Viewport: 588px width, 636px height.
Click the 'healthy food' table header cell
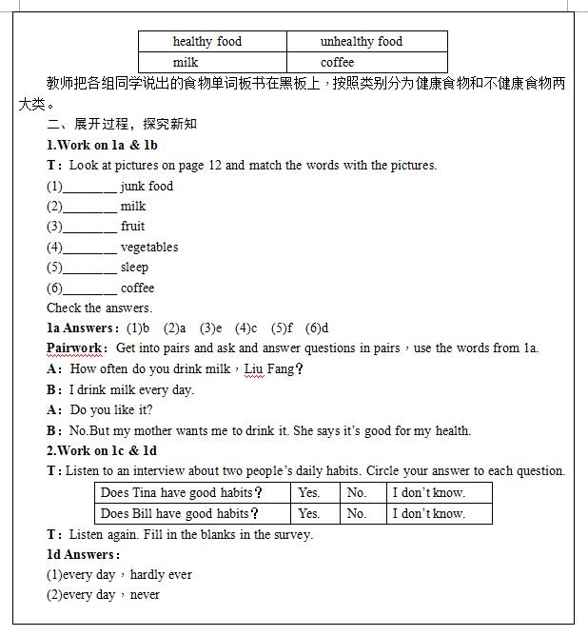[207, 42]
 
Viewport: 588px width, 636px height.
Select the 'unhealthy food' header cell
[362, 42]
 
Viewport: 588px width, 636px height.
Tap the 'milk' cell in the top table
[186, 62]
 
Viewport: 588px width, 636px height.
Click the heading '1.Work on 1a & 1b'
[102, 145]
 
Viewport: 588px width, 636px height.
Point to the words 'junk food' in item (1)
[147, 187]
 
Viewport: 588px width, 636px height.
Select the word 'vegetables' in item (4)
[149, 248]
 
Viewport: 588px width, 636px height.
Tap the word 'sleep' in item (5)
[134, 268]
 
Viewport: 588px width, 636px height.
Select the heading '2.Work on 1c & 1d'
[102, 450]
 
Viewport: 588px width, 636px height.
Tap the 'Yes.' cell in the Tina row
[309, 493]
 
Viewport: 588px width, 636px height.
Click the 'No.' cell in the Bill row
[357, 514]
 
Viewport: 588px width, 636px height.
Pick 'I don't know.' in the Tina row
[428, 493]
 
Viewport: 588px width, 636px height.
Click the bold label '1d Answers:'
[84, 554]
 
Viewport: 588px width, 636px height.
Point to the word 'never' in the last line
[145, 595]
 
